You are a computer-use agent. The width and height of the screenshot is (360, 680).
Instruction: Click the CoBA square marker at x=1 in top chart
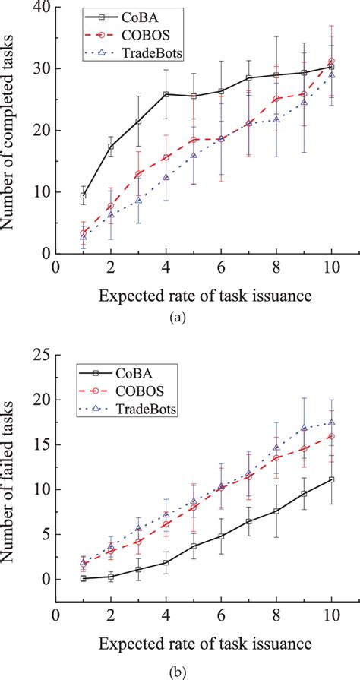84,195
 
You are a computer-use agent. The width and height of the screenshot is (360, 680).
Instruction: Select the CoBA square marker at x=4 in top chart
166,94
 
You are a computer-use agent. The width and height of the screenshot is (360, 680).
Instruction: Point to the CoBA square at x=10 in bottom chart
331,479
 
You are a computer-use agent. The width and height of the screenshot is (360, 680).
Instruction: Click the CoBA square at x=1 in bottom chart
84,578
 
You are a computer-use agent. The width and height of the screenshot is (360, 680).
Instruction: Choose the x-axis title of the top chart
193,293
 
